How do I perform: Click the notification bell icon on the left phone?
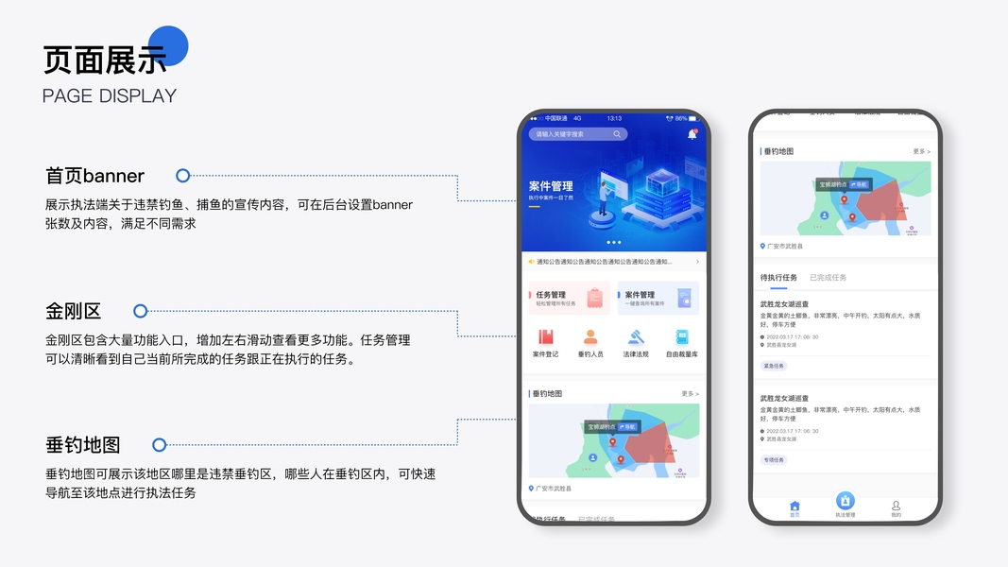692,134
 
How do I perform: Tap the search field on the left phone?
577,134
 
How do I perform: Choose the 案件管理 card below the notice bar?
658,298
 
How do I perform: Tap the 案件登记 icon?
545,337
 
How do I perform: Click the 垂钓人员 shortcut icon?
590,337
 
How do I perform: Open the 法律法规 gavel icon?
636,337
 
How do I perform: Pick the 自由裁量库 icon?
681,337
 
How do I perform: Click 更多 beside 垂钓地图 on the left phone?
690,393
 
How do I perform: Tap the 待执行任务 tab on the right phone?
778,278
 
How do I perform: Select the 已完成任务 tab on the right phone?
828,278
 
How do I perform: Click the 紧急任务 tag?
774,366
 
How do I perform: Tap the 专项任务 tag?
774,460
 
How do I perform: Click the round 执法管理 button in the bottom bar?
846,502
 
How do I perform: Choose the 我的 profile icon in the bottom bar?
896,507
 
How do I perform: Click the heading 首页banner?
94,176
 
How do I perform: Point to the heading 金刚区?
73,311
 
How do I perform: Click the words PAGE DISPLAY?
110,95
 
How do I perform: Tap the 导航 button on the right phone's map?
861,185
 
